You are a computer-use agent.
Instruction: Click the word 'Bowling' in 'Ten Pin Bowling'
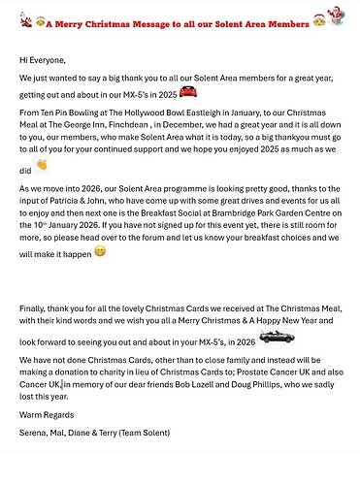pyautogui.click(x=93, y=112)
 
